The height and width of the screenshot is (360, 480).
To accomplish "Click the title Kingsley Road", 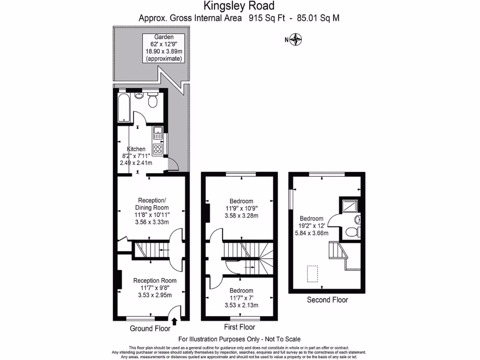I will (x=239, y=6).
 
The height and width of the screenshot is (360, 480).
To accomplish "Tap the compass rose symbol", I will (x=296, y=40).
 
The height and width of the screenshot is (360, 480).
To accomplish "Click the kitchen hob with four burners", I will (x=158, y=150).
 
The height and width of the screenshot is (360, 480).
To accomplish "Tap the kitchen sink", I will (x=158, y=132).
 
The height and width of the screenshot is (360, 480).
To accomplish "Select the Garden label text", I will (x=164, y=37).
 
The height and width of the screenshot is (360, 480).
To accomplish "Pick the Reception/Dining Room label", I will (x=152, y=203).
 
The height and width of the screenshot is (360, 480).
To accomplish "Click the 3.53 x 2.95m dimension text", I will (x=155, y=295).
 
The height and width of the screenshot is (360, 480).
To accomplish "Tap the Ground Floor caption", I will (x=150, y=329).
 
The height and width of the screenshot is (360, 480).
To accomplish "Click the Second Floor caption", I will (x=327, y=300).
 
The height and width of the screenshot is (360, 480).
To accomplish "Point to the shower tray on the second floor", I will (x=350, y=204).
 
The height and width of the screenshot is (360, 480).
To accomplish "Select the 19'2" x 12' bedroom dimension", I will (x=314, y=226).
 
